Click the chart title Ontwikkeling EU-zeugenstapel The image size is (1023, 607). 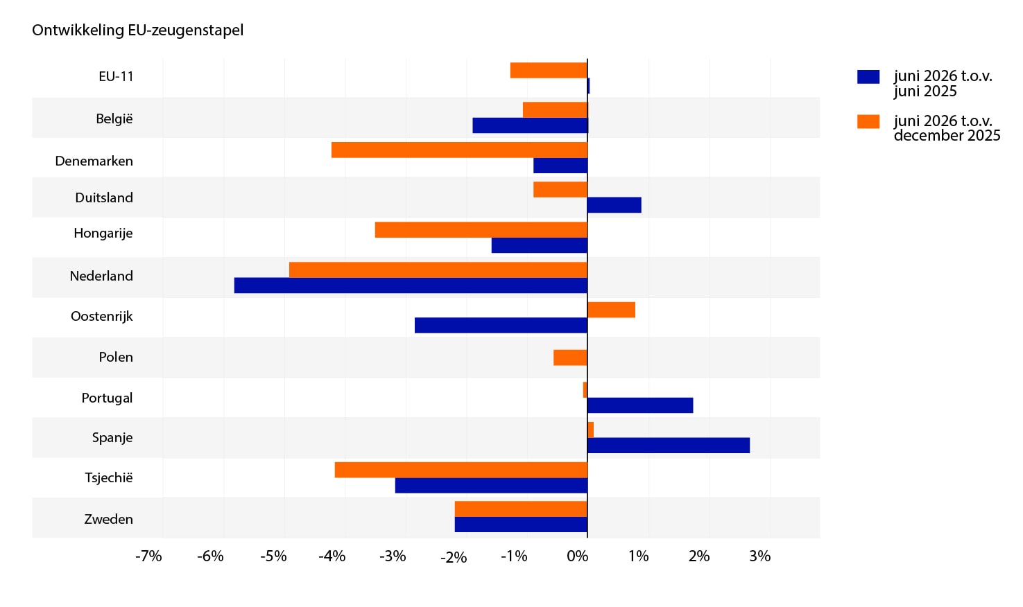(137, 30)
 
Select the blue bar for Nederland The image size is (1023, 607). (411, 285)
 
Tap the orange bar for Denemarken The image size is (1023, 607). (459, 150)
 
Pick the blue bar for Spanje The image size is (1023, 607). (669, 446)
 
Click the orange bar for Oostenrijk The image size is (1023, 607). (611, 310)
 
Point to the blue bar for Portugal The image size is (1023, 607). (640, 405)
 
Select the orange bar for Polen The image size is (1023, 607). (570, 358)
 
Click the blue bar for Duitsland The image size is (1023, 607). (614, 205)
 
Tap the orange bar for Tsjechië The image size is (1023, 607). (461, 470)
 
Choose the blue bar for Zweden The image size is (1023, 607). (521, 525)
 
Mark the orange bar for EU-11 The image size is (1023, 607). (549, 70)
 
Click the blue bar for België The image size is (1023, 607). (530, 125)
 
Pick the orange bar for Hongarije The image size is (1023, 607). (481, 229)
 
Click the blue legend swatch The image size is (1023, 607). (868, 77)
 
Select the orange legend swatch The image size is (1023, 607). (868, 121)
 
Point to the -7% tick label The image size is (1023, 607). (148, 556)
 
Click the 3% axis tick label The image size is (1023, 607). (760, 556)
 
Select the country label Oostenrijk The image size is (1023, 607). (102, 316)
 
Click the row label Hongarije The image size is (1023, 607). (103, 234)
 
